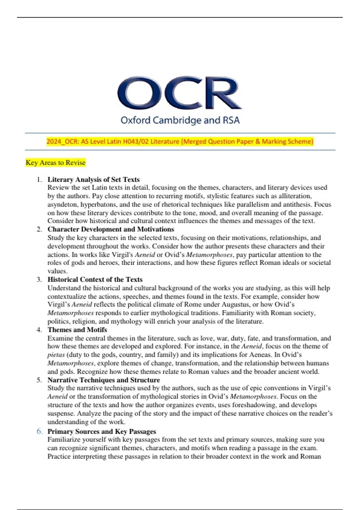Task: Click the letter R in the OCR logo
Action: click(222, 93)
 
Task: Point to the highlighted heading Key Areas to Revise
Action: click(55, 163)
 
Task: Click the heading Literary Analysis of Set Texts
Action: click(93, 179)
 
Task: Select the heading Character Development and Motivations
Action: click(111, 229)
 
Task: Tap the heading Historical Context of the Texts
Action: click(95, 280)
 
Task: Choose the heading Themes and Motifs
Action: click(77, 330)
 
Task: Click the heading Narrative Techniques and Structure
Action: click(103, 380)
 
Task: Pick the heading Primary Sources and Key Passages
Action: click(102, 431)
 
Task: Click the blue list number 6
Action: click(39, 431)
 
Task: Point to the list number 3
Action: click(39, 280)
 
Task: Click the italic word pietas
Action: click(56, 355)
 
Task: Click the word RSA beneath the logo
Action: click(231, 120)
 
